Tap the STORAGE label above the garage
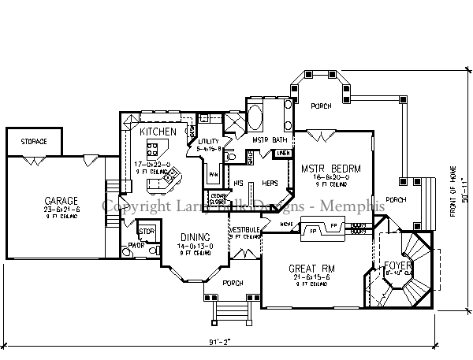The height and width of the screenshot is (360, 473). tap(33, 141)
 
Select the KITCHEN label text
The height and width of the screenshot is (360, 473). tap(158, 132)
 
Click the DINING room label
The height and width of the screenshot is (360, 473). tap(193, 237)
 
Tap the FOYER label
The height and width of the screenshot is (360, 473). tap(398, 266)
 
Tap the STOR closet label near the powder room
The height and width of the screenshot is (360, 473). tap(145, 231)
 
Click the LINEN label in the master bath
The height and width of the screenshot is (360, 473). tap(283, 152)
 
